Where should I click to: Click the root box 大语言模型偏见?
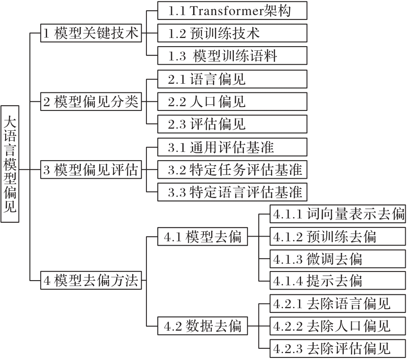(10, 164)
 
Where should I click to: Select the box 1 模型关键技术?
(91, 33)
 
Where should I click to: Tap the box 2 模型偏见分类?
(91, 101)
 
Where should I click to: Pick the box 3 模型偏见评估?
(91, 170)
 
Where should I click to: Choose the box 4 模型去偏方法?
(91, 280)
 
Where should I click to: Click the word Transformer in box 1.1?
(226, 11)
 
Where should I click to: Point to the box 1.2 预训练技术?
(232, 33)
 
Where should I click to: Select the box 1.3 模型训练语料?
(232, 56)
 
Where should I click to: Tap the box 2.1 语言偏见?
(232, 79)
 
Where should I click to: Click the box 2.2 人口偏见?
(232, 101)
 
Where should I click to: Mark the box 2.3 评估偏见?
(232, 124)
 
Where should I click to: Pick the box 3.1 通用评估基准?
(232, 147)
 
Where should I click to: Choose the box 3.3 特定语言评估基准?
(232, 192)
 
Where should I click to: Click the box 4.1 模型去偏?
(203, 237)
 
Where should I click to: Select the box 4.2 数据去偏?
(203, 326)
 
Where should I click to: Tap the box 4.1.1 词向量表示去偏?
(338, 214)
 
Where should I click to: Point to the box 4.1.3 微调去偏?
(338, 259)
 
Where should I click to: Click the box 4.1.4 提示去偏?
(338, 281)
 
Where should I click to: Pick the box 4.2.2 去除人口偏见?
(338, 326)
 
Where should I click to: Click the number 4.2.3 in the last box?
(288, 349)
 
